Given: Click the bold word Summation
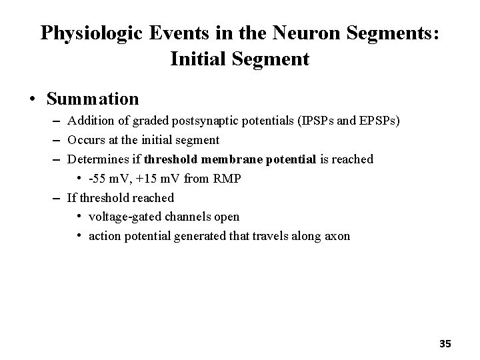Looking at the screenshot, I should pos(93,99).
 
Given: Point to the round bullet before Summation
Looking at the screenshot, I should pos(32,100).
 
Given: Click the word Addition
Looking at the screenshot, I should pos(90,121).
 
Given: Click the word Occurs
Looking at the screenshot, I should pos(85,140).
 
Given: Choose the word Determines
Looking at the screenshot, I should pos(97,159).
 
